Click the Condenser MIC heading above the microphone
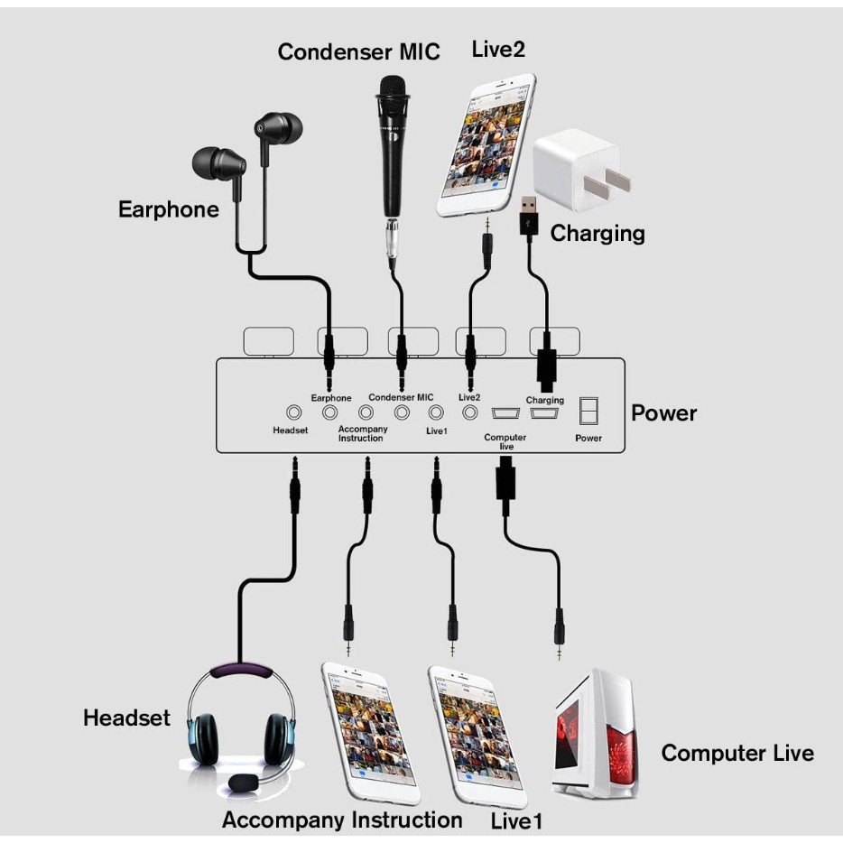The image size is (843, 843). pyautogui.click(x=358, y=51)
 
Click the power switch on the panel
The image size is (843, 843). pyautogui.click(x=588, y=412)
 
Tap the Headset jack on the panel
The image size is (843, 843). pyautogui.click(x=292, y=412)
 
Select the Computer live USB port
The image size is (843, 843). pyautogui.click(x=504, y=413)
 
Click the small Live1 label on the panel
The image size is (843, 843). pyautogui.click(x=437, y=431)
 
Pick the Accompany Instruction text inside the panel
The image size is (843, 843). pyautogui.click(x=362, y=433)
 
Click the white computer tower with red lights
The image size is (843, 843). pyautogui.click(x=597, y=735)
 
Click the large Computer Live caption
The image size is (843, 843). pyautogui.click(x=736, y=753)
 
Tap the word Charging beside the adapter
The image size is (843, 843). pyautogui.click(x=598, y=234)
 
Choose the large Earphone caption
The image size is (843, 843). pyautogui.click(x=169, y=209)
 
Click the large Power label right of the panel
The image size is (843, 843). pyautogui.click(x=663, y=413)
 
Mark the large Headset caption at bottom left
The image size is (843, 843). pyautogui.click(x=126, y=718)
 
